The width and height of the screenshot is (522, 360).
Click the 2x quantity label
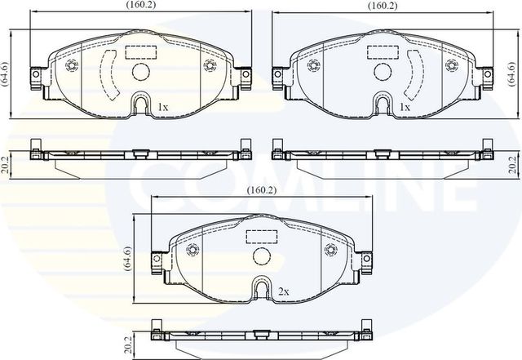click(x=283, y=291)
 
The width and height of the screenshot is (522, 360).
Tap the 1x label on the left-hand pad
click(x=162, y=107)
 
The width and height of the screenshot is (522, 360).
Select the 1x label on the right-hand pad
click(x=405, y=107)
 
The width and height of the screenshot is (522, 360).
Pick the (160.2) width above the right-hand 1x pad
click(x=382, y=6)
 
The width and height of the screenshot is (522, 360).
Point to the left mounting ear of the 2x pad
click(x=157, y=260)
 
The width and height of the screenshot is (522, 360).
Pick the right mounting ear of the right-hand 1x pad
click(x=487, y=78)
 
